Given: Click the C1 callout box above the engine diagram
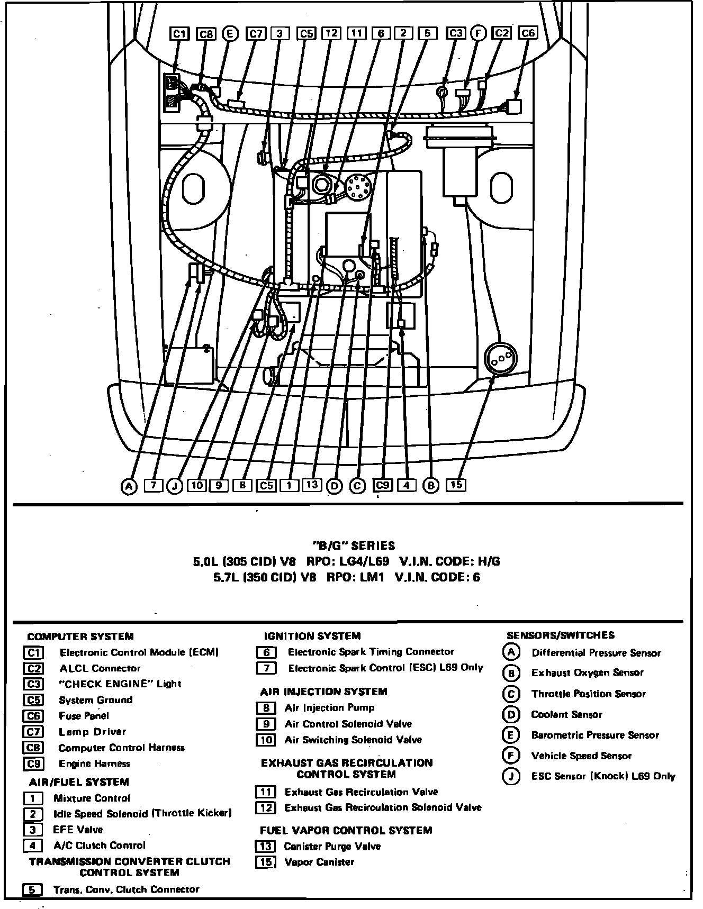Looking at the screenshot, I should (x=180, y=33).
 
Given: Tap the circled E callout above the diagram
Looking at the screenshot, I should (x=230, y=33).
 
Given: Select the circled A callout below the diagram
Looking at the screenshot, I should (x=129, y=486).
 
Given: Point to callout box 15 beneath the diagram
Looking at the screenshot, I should (x=456, y=485).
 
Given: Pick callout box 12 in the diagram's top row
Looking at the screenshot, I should (x=331, y=33).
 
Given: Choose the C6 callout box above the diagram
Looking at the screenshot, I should (x=528, y=33).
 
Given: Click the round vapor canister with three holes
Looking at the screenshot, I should (x=500, y=359).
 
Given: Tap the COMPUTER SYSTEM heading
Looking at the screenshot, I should (x=80, y=637).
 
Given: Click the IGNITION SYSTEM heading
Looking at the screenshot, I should (x=312, y=636).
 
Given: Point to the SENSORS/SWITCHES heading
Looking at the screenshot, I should (x=561, y=635).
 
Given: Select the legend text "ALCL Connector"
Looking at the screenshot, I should (x=100, y=668).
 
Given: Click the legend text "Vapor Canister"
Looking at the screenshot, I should (x=319, y=862).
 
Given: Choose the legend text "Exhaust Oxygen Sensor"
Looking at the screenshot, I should (x=588, y=673).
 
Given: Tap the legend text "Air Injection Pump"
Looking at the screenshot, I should (x=329, y=708).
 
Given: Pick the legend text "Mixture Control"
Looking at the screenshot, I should (x=92, y=798).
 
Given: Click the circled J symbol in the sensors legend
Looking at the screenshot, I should (x=511, y=776).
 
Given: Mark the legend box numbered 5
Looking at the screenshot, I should (x=33, y=889).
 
